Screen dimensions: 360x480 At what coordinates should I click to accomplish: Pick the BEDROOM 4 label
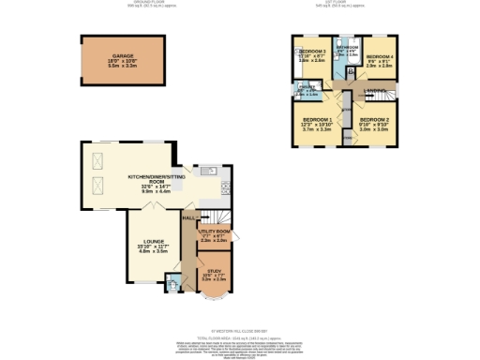(379, 56)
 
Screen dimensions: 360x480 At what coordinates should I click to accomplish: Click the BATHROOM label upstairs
(348, 47)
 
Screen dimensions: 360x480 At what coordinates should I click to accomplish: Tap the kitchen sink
(209, 172)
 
